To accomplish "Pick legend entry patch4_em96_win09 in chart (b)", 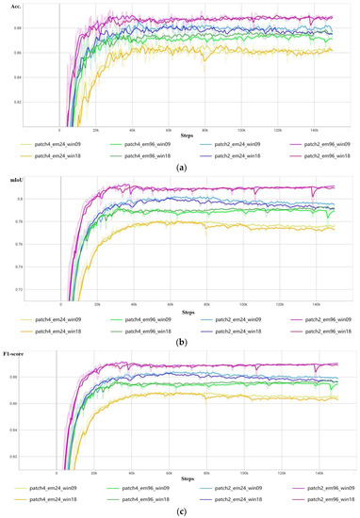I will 141,318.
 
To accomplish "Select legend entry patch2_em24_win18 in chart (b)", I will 226,327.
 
